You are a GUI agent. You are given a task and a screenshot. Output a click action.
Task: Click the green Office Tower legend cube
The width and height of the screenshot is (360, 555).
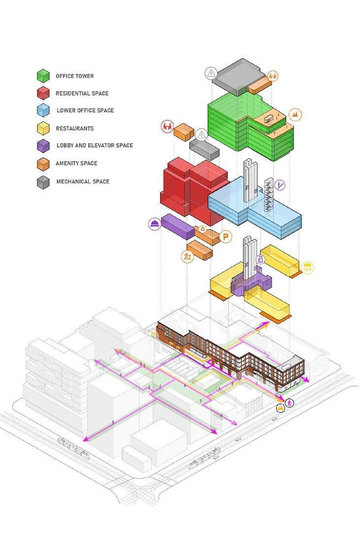point(44,76)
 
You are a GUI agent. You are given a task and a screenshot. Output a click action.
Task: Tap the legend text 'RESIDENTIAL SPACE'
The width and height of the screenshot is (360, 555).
point(82,93)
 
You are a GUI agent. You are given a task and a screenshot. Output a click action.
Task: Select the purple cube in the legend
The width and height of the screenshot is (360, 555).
point(44,146)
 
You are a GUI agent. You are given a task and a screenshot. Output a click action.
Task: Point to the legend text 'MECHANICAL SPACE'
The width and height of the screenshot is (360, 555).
point(83,181)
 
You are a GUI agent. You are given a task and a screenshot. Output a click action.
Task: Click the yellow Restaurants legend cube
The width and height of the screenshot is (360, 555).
point(44,128)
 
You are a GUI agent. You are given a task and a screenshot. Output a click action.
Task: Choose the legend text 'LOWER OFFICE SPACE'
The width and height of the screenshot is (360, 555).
point(85,110)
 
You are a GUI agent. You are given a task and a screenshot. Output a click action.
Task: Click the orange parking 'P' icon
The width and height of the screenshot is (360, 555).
point(226,237)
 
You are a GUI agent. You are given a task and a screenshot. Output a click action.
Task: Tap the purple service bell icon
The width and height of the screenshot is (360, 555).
point(155,224)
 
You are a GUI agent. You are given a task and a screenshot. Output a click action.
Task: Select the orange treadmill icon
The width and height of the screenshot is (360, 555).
point(187,256)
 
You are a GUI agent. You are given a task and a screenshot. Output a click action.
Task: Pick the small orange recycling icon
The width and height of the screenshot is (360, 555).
point(202,230)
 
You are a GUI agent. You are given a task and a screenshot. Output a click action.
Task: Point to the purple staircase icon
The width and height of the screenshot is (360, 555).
point(280,185)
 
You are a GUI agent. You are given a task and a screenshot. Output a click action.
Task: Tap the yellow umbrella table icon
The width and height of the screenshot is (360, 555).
point(307,268)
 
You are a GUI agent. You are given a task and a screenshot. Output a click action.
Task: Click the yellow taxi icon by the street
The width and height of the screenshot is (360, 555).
point(280,408)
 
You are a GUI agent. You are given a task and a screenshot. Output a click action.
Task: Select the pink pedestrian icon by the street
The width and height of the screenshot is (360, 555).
point(290,403)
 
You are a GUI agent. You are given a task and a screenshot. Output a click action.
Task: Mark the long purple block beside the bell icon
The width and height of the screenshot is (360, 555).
point(178,227)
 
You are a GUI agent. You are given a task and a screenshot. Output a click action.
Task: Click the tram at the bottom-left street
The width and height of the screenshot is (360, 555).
point(73,447)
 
